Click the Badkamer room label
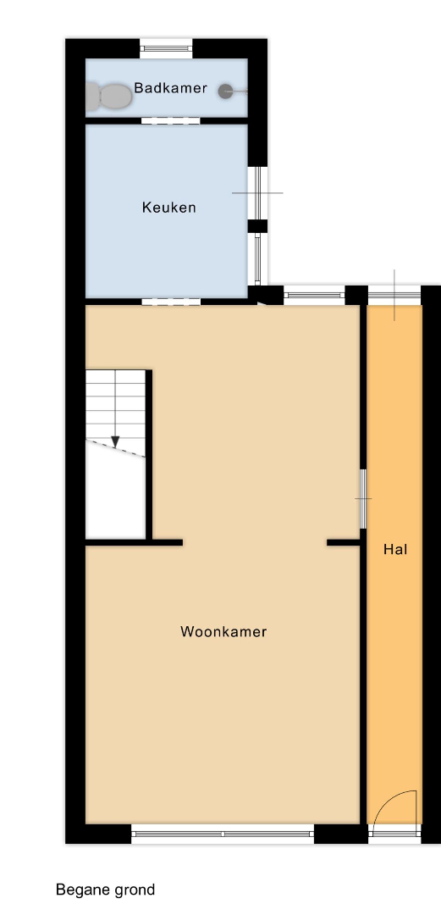pyautogui.click(x=170, y=88)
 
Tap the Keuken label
pyautogui.click(x=168, y=208)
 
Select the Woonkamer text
pyautogui.click(x=223, y=631)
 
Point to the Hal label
pyautogui.click(x=395, y=549)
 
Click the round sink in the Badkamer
pyautogui.click(x=226, y=91)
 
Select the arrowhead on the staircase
pyautogui.click(x=115, y=442)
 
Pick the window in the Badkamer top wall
pyautogui.click(x=166, y=48)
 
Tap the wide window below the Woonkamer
pyautogui.click(x=223, y=834)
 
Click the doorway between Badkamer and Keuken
pyautogui.click(x=171, y=121)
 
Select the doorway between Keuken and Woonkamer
pyautogui.click(x=171, y=302)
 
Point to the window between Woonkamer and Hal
pyautogui.click(x=362, y=499)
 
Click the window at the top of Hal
pyautogui.click(x=394, y=296)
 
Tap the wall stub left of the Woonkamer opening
pyautogui.click(x=135, y=542)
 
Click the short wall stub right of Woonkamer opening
pyautogui.click(x=343, y=542)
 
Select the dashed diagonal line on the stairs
pyautogui.click(x=115, y=448)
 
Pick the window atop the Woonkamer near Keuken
pyautogui.click(x=314, y=296)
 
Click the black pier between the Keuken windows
pyautogui.click(x=257, y=226)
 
